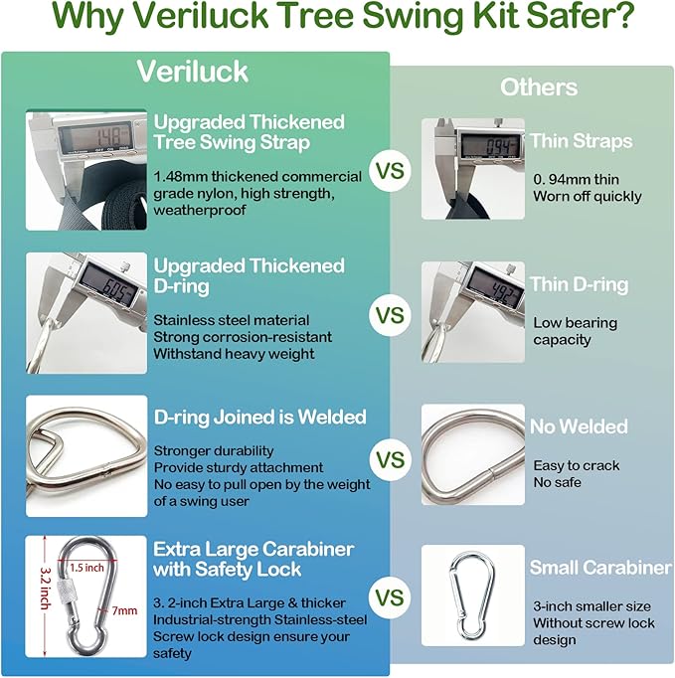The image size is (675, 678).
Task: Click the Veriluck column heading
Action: (x=193, y=72)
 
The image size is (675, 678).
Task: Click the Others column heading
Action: (x=539, y=87)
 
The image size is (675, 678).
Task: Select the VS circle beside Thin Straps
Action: (x=390, y=171)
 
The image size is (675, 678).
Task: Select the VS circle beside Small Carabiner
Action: (x=390, y=598)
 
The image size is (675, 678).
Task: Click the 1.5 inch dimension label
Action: (x=86, y=568)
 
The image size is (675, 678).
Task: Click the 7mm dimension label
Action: (x=124, y=610)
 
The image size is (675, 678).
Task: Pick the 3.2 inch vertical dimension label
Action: (x=45, y=589)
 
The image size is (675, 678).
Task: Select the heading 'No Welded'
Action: (x=579, y=426)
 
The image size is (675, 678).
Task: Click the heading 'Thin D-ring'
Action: (x=579, y=285)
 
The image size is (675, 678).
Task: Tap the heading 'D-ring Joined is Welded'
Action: (x=259, y=417)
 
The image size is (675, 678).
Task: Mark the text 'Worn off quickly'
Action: (x=588, y=196)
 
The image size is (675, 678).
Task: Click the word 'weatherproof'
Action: (x=200, y=211)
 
